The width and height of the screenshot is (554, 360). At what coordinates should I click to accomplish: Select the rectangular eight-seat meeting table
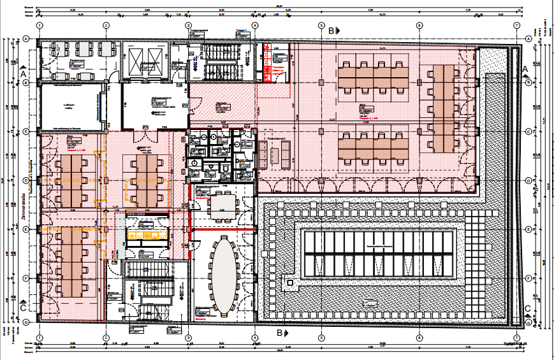click(222, 202)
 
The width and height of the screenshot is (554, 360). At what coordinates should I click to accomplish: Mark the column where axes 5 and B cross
click(321, 82)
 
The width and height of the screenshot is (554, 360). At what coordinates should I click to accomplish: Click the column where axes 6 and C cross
click(419, 131)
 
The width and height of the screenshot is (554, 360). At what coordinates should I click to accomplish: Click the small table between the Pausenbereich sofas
click(275, 154)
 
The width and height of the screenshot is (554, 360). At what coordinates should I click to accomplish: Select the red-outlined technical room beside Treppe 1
click(275, 63)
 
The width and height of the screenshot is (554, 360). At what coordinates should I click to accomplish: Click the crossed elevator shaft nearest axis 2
click(136, 61)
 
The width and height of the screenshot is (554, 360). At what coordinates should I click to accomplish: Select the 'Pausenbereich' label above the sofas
click(275, 136)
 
